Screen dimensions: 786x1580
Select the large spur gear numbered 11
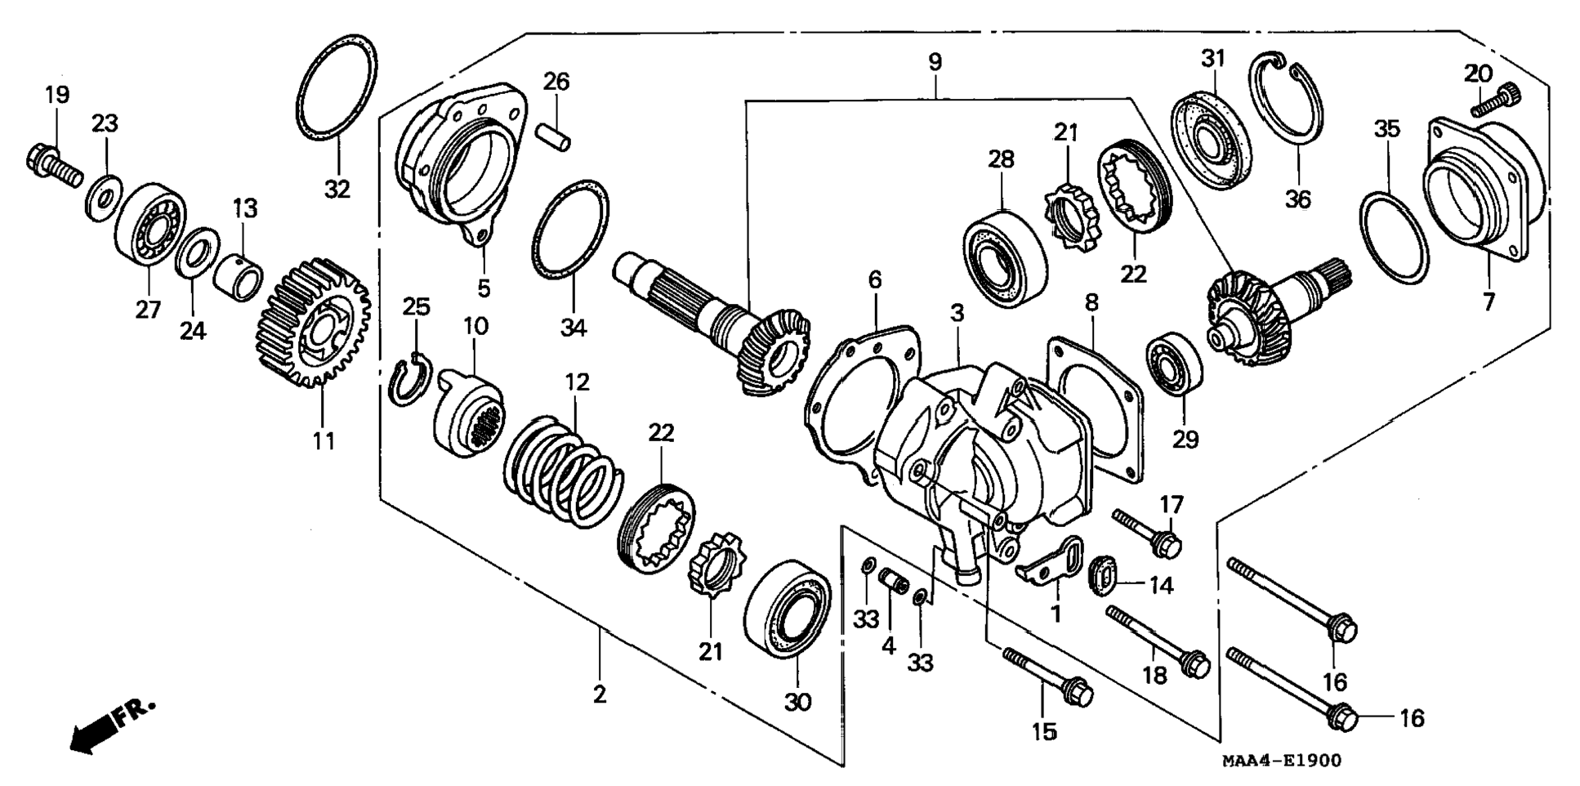(315, 323)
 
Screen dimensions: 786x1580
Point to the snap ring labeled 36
(1286, 98)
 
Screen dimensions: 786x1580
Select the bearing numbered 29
(1174, 364)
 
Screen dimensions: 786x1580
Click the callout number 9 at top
(935, 62)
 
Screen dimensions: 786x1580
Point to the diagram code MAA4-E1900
(1281, 761)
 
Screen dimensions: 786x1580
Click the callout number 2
(600, 695)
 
